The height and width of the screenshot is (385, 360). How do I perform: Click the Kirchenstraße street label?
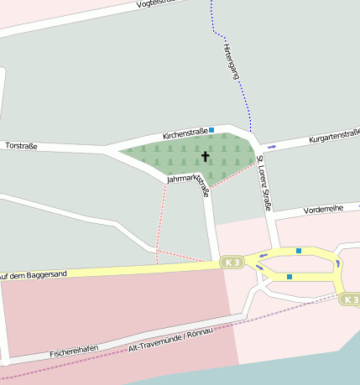pos(185,133)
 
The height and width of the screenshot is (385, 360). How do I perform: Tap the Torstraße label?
pos(22,145)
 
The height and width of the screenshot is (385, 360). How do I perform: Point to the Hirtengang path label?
pos(232,61)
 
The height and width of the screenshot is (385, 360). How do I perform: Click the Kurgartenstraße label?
pos(334,135)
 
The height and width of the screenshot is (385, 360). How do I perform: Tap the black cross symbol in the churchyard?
pos(206,156)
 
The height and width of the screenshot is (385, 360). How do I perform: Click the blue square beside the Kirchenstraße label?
pos(211,129)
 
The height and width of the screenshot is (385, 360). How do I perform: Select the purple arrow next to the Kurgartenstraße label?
pos(272,146)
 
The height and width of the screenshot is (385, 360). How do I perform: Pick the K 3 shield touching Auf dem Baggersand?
pos(232,263)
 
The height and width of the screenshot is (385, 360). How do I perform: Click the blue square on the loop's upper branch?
pos(298,250)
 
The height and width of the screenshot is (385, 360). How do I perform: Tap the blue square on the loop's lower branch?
pos(289,276)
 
